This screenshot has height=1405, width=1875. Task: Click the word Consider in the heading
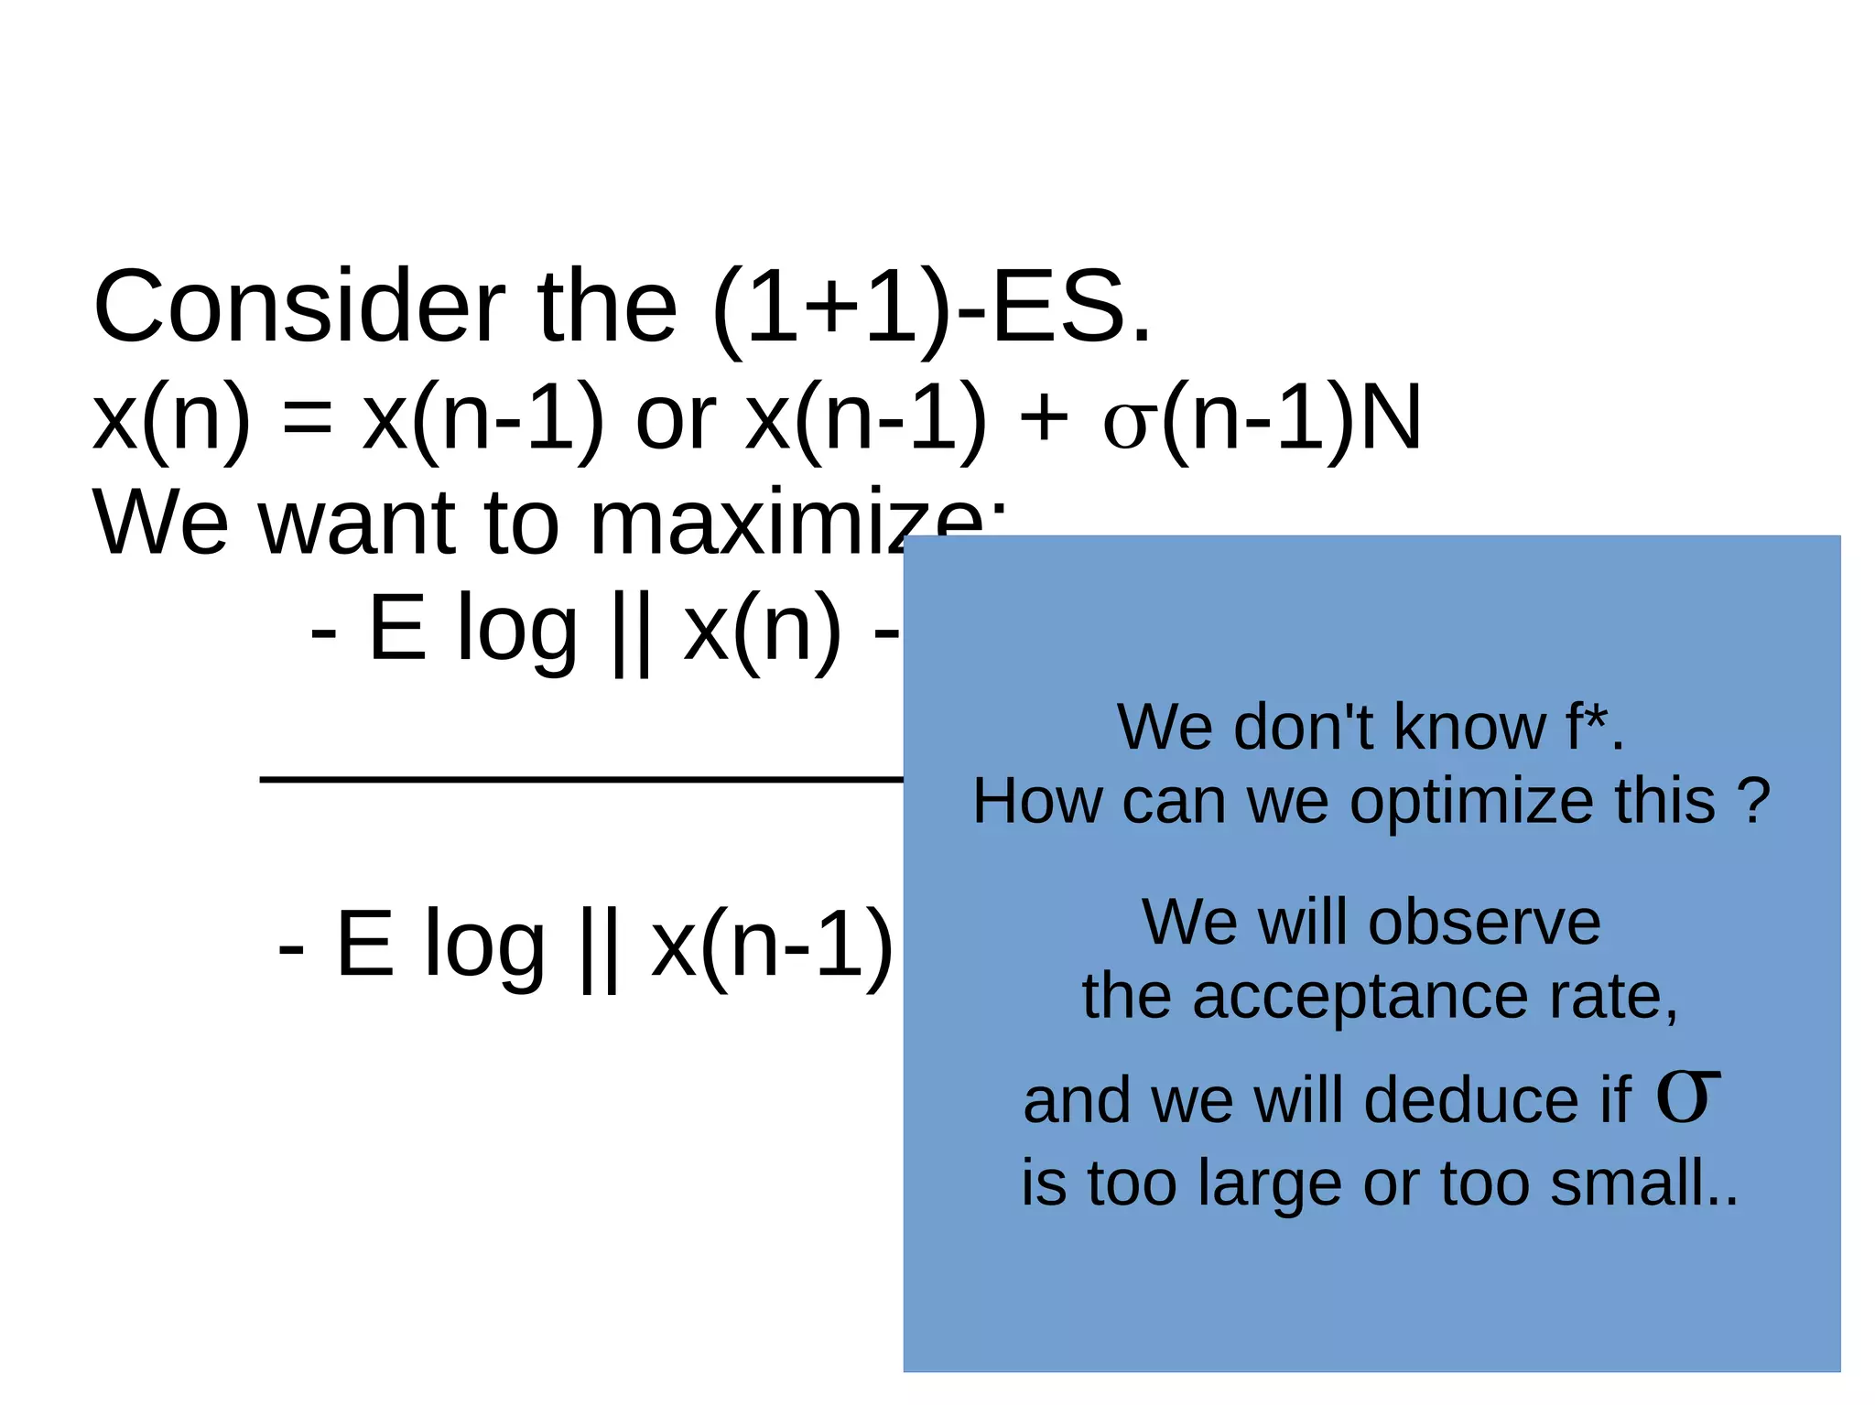(x=298, y=307)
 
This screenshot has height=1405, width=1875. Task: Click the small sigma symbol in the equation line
(x=1125, y=424)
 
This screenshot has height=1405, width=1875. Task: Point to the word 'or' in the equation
(x=676, y=421)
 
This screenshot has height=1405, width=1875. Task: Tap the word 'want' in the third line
(x=357, y=524)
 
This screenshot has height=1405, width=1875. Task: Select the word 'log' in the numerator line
(x=516, y=632)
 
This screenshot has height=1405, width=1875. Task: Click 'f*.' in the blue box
(x=1594, y=727)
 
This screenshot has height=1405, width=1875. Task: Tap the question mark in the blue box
(x=1752, y=801)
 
